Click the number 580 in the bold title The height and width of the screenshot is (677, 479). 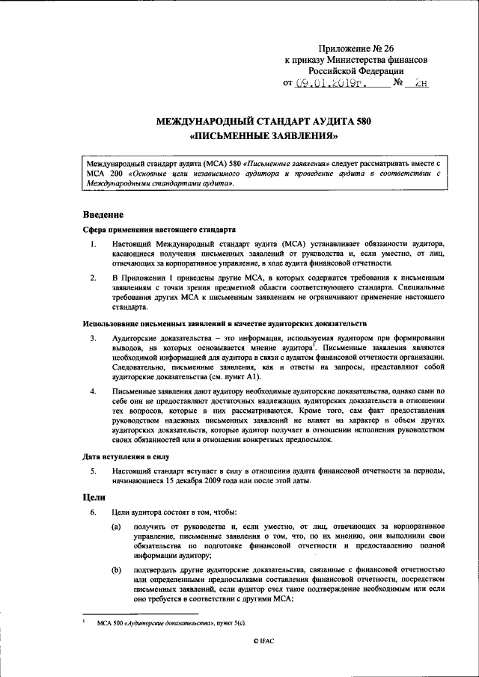coord(359,120)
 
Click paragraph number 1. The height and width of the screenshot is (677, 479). coord(92,245)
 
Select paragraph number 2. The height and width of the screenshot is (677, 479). coord(92,278)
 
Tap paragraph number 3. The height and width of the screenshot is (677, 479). coord(92,339)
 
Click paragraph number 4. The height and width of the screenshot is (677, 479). coord(92,392)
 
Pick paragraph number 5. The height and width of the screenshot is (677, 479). coord(92,470)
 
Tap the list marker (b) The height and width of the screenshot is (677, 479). coord(116,571)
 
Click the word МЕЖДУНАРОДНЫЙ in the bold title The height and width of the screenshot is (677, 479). coord(201,120)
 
